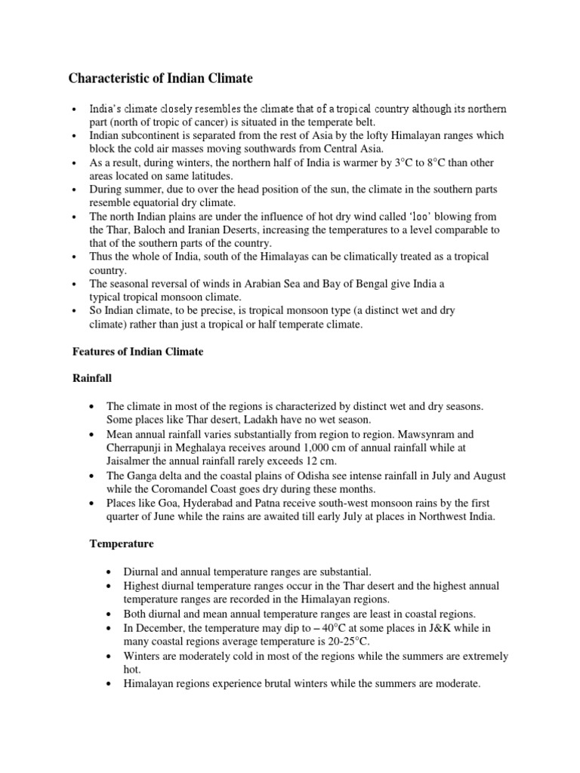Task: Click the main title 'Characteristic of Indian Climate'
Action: click(161, 78)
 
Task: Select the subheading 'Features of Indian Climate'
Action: click(137, 352)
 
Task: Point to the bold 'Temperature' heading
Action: click(122, 543)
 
